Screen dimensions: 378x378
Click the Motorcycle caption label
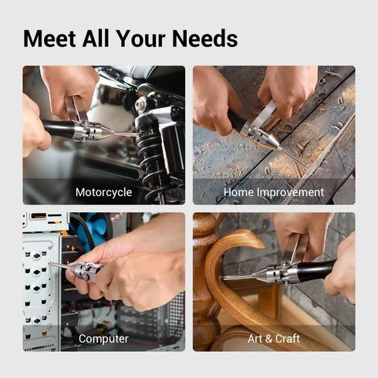point(103,192)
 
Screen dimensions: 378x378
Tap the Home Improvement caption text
point(274,192)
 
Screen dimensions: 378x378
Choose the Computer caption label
point(103,339)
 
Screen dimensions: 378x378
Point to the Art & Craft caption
point(274,339)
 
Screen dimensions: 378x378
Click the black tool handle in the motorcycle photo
point(58,128)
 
